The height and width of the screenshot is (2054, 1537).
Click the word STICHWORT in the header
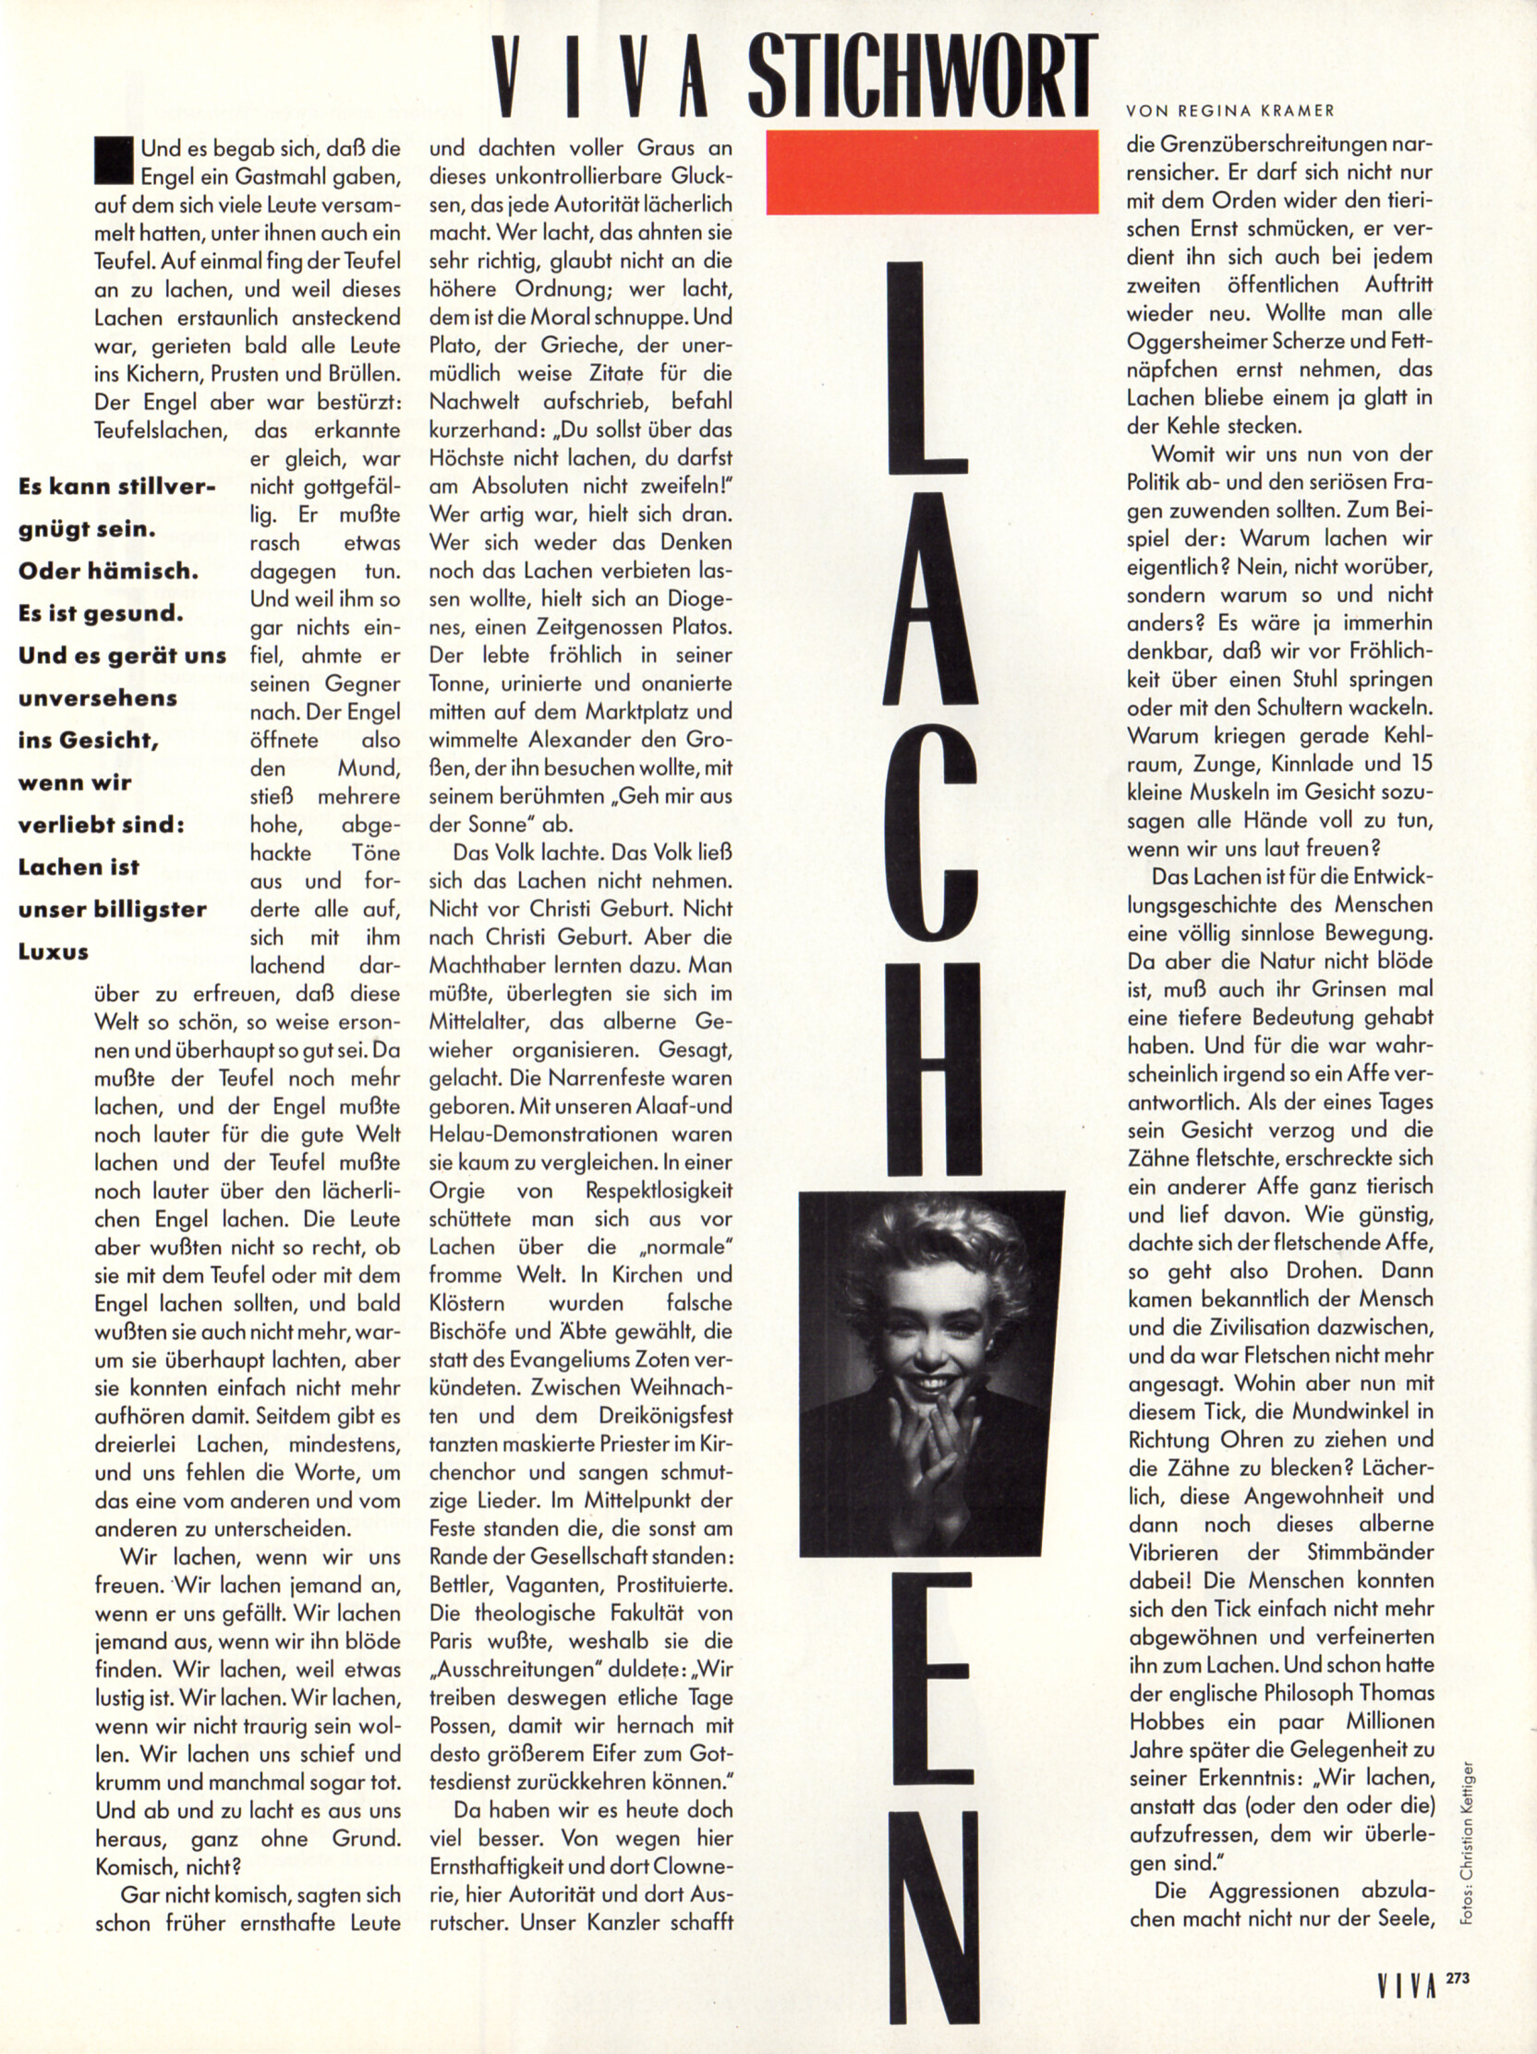coord(921,76)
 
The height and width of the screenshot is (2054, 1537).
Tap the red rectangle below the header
coord(931,172)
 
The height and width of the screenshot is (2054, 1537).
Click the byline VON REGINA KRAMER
coord(1229,112)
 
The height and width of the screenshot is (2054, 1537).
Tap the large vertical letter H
coord(931,1068)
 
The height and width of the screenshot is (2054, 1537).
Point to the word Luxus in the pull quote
coord(53,952)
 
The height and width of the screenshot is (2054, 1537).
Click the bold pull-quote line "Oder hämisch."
coord(108,571)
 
